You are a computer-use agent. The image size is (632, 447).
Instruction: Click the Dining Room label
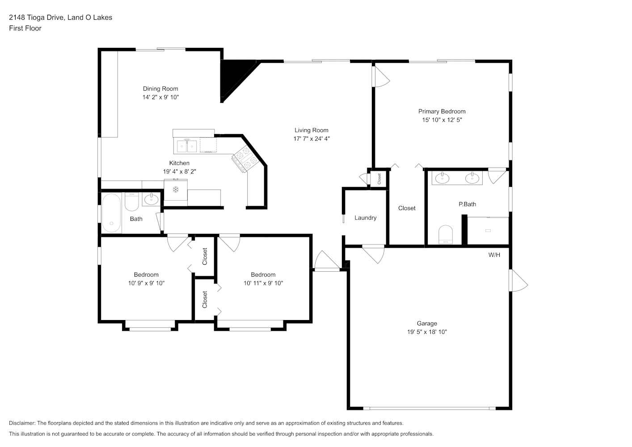pyautogui.click(x=160, y=89)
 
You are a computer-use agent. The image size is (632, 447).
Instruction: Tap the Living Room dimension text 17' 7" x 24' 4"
pyautogui.click(x=312, y=139)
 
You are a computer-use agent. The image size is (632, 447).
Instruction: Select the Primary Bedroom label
pyautogui.click(x=442, y=111)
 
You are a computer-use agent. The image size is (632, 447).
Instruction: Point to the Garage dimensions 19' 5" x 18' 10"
pyautogui.click(x=427, y=332)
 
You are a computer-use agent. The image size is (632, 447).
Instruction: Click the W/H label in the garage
pyautogui.click(x=494, y=255)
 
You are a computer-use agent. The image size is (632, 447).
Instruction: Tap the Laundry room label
pyautogui.click(x=365, y=218)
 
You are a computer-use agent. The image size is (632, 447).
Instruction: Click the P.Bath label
pyautogui.click(x=467, y=204)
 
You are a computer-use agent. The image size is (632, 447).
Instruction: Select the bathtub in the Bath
pyautogui.click(x=111, y=213)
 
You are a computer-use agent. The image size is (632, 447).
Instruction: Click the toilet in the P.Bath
pyautogui.click(x=446, y=235)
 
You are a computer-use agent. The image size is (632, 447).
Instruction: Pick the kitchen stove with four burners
pyautogui.click(x=246, y=159)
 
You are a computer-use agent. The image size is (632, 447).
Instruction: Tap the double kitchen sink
pyautogui.click(x=187, y=145)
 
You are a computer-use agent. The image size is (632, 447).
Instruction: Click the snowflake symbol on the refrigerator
pyautogui.click(x=176, y=190)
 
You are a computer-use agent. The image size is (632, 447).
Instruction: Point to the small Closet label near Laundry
pyautogui.click(x=379, y=179)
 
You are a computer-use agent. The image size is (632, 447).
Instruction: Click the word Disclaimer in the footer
pyautogui.click(x=22, y=423)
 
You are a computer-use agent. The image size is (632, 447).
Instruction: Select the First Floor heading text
pyautogui.click(x=25, y=28)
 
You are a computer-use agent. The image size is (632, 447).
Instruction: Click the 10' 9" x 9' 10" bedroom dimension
pyautogui.click(x=146, y=283)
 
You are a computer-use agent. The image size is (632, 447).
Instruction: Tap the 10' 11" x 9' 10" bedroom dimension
pyautogui.click(x=263, y=283)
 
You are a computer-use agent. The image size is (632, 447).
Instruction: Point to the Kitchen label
pyautogui.click(x=179, y=163)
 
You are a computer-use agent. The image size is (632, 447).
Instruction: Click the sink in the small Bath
pyautogui.click(x=151, y=199)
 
